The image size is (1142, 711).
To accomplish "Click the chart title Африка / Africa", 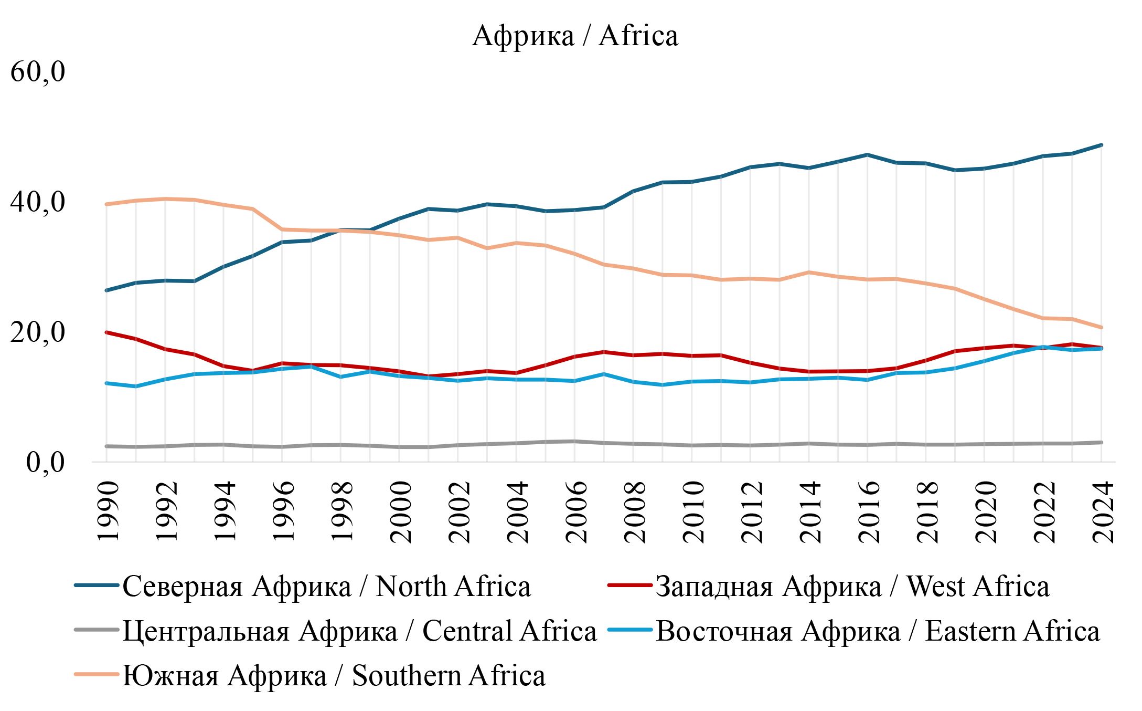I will (x=575, y=36).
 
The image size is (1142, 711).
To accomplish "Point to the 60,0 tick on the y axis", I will (x=38, y=72).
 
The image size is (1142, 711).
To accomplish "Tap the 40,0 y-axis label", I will (x=38, y=202).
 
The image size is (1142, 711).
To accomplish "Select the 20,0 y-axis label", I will (x=38, y=332).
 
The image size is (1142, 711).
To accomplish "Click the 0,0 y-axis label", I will (x=46, y=463).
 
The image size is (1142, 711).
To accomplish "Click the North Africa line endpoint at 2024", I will (x=1101, y=145).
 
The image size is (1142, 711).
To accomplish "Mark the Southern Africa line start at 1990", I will (x=106, y=204).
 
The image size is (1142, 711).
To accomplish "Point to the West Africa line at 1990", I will (x=106, y=332).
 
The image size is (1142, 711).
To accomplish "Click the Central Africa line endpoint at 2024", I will (x=1101, y=443).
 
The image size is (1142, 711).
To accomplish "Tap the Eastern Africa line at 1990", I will (x=106, y=383).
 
